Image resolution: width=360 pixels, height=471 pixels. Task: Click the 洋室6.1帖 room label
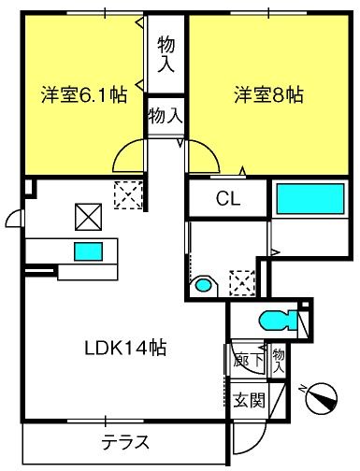(x=84, y=95)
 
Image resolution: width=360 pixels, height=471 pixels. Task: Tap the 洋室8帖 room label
(x=268, y=94)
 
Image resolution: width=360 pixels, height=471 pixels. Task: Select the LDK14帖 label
(x=125, y=348)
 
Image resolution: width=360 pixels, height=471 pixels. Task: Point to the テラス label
(x=125, y=442)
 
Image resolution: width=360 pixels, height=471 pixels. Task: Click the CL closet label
(x=228, y=198)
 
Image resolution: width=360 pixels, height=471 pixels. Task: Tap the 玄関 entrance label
(x=250, y=400)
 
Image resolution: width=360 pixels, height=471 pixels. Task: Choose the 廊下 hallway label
(x=249, y=361)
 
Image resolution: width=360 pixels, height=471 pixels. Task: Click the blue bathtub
(x=310, y=199)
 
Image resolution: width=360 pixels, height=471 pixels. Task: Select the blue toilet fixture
(x=279, y=320)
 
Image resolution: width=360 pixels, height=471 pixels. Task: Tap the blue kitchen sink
(x=88, y=251)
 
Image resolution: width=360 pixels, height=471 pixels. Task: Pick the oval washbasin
(x=203, y=285)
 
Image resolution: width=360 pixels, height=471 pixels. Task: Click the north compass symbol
(x=322, y=397)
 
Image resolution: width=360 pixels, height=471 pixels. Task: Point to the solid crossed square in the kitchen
(x=88, y=217)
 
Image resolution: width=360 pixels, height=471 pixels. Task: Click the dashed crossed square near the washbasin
(x=242, y=283)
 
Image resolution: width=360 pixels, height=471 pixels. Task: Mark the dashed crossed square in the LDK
(x=128, y=195)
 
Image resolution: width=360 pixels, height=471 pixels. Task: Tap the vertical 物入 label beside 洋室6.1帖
(x=166, y=54)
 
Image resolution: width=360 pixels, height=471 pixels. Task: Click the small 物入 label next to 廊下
(x=279, y=362)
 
